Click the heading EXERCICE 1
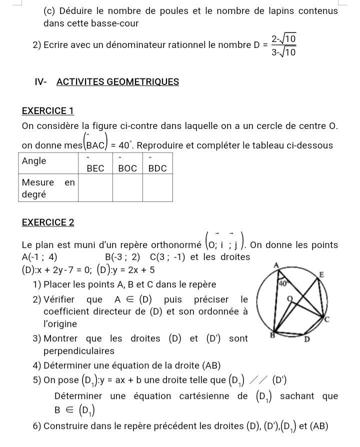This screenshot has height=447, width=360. point(48,110)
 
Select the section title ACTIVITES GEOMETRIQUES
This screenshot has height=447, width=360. point(118,82)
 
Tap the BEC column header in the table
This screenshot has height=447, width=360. point(95,168)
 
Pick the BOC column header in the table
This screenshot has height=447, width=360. point(127,168)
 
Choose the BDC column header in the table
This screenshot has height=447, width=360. point(157,168)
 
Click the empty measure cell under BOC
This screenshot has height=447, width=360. point(127,188)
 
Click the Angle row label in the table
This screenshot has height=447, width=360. point(34,161)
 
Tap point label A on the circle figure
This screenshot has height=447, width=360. point(276,265)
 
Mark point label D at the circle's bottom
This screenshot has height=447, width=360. point(307,339)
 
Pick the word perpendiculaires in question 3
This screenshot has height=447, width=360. point(79,351)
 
